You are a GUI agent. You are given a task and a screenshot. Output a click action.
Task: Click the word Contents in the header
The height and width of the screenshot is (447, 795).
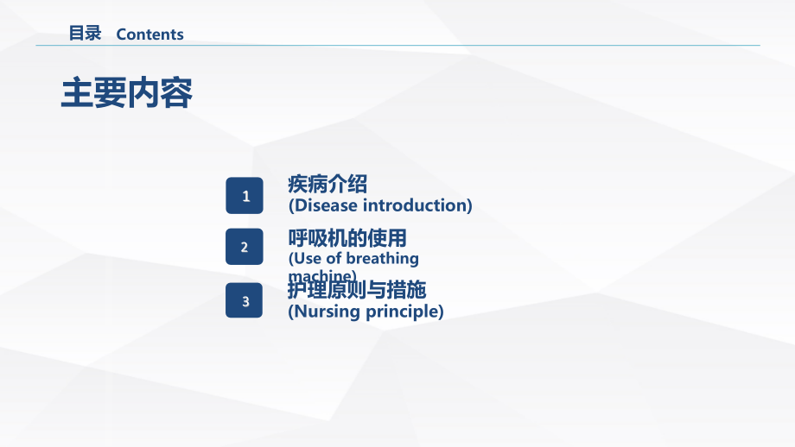[149, 35]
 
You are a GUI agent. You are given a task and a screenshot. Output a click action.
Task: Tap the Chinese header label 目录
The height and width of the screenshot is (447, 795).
[85, 34]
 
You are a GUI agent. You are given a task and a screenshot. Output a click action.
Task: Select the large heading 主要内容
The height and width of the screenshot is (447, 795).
[126, 93]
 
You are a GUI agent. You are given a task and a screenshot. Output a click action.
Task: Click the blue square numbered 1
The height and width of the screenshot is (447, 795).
[245, 196]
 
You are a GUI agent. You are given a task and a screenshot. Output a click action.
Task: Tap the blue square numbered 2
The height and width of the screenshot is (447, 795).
[245, 248]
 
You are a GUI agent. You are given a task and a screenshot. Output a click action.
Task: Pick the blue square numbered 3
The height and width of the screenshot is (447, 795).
[245, 300]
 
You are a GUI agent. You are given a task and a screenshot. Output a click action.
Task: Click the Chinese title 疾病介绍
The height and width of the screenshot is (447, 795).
[328, 184]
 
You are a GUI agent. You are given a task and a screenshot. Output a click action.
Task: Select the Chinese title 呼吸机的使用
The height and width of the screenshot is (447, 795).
[347, 237]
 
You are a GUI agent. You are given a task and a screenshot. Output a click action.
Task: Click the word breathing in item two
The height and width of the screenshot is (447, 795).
[381, 258]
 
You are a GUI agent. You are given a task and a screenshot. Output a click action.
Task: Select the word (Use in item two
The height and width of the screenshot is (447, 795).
[304, 258]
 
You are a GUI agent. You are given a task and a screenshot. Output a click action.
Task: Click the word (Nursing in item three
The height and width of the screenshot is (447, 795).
[323, 312]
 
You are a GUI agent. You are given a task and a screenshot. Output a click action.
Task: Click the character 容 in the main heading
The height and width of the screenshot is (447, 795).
[176, 93]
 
